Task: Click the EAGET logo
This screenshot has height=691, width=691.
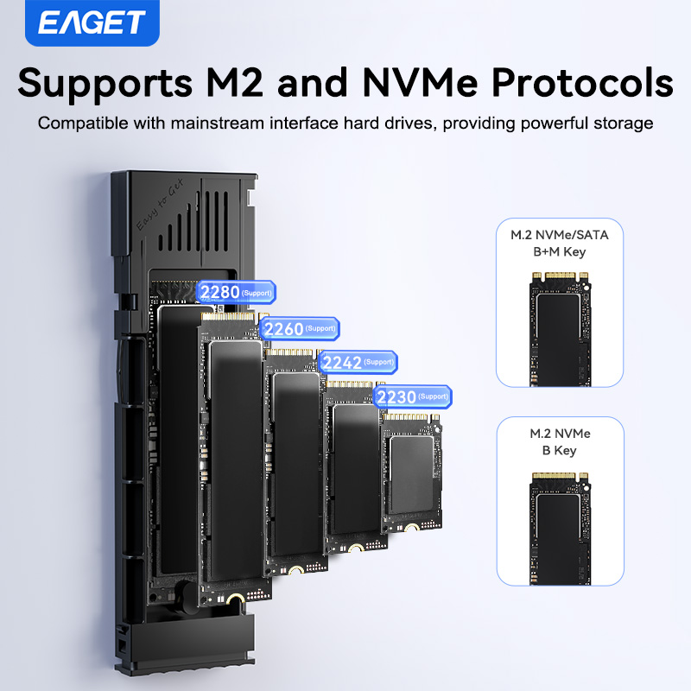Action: [92, 22]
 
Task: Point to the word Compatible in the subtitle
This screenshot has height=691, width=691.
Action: [82, 123]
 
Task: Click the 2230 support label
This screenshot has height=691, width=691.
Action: [412, 396]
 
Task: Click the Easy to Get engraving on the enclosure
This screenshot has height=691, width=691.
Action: [160, 208]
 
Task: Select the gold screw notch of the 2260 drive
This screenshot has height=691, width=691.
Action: [295, 571]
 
